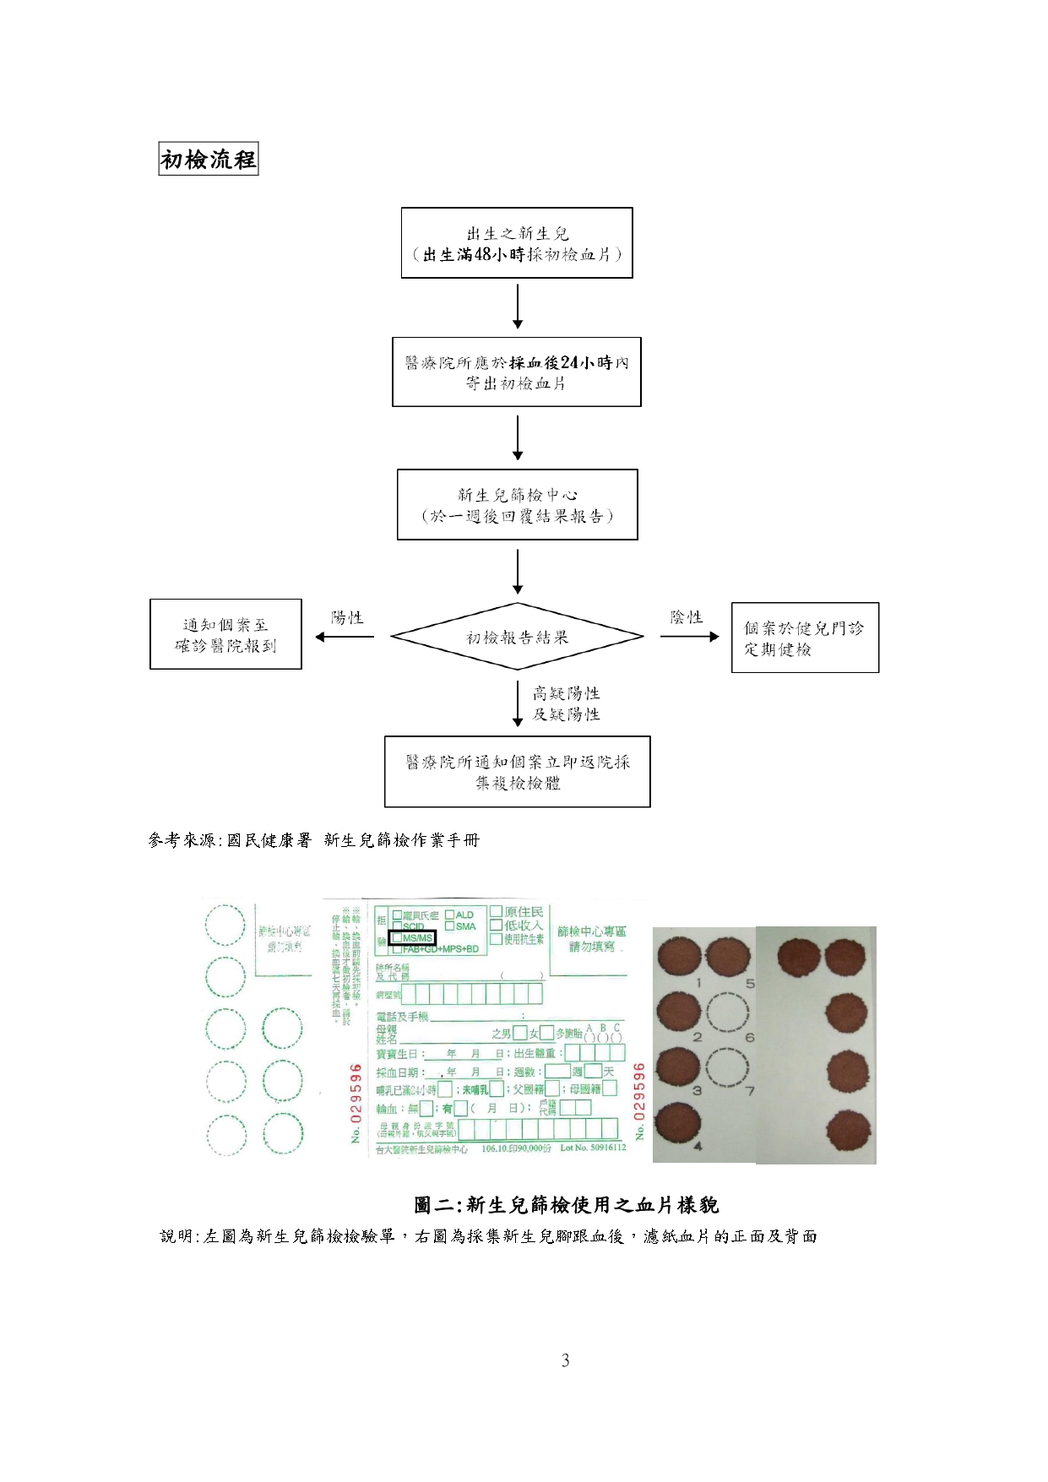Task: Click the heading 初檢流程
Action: click(x=209, y=159)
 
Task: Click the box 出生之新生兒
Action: click(x=517, y=243)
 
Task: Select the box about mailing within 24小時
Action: click(x=517, y=372)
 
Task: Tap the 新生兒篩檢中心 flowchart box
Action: click(x=517, y=505)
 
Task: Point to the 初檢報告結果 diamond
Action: click(x=517, y=638)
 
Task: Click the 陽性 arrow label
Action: click(x=347, y=618)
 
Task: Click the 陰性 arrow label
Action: click(x=686, y=618)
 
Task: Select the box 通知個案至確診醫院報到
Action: click(x=225, y=635)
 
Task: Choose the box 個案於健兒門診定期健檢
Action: click(x=805, y=638)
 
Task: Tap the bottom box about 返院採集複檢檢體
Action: click(x=517, y=772)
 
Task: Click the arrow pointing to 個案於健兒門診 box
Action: click(x=689, y=637)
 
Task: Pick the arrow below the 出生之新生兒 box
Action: click(x=518, y=307)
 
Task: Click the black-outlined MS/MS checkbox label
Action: click(x=413, y=938)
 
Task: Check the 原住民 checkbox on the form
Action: click(x=497, y=912)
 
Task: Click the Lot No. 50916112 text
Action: click(x=593, y=1148)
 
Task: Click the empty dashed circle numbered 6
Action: click(x=727, y=1013)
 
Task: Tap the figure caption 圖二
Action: click(x=566, y=1204)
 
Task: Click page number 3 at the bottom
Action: click(x=565, y=1360)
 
